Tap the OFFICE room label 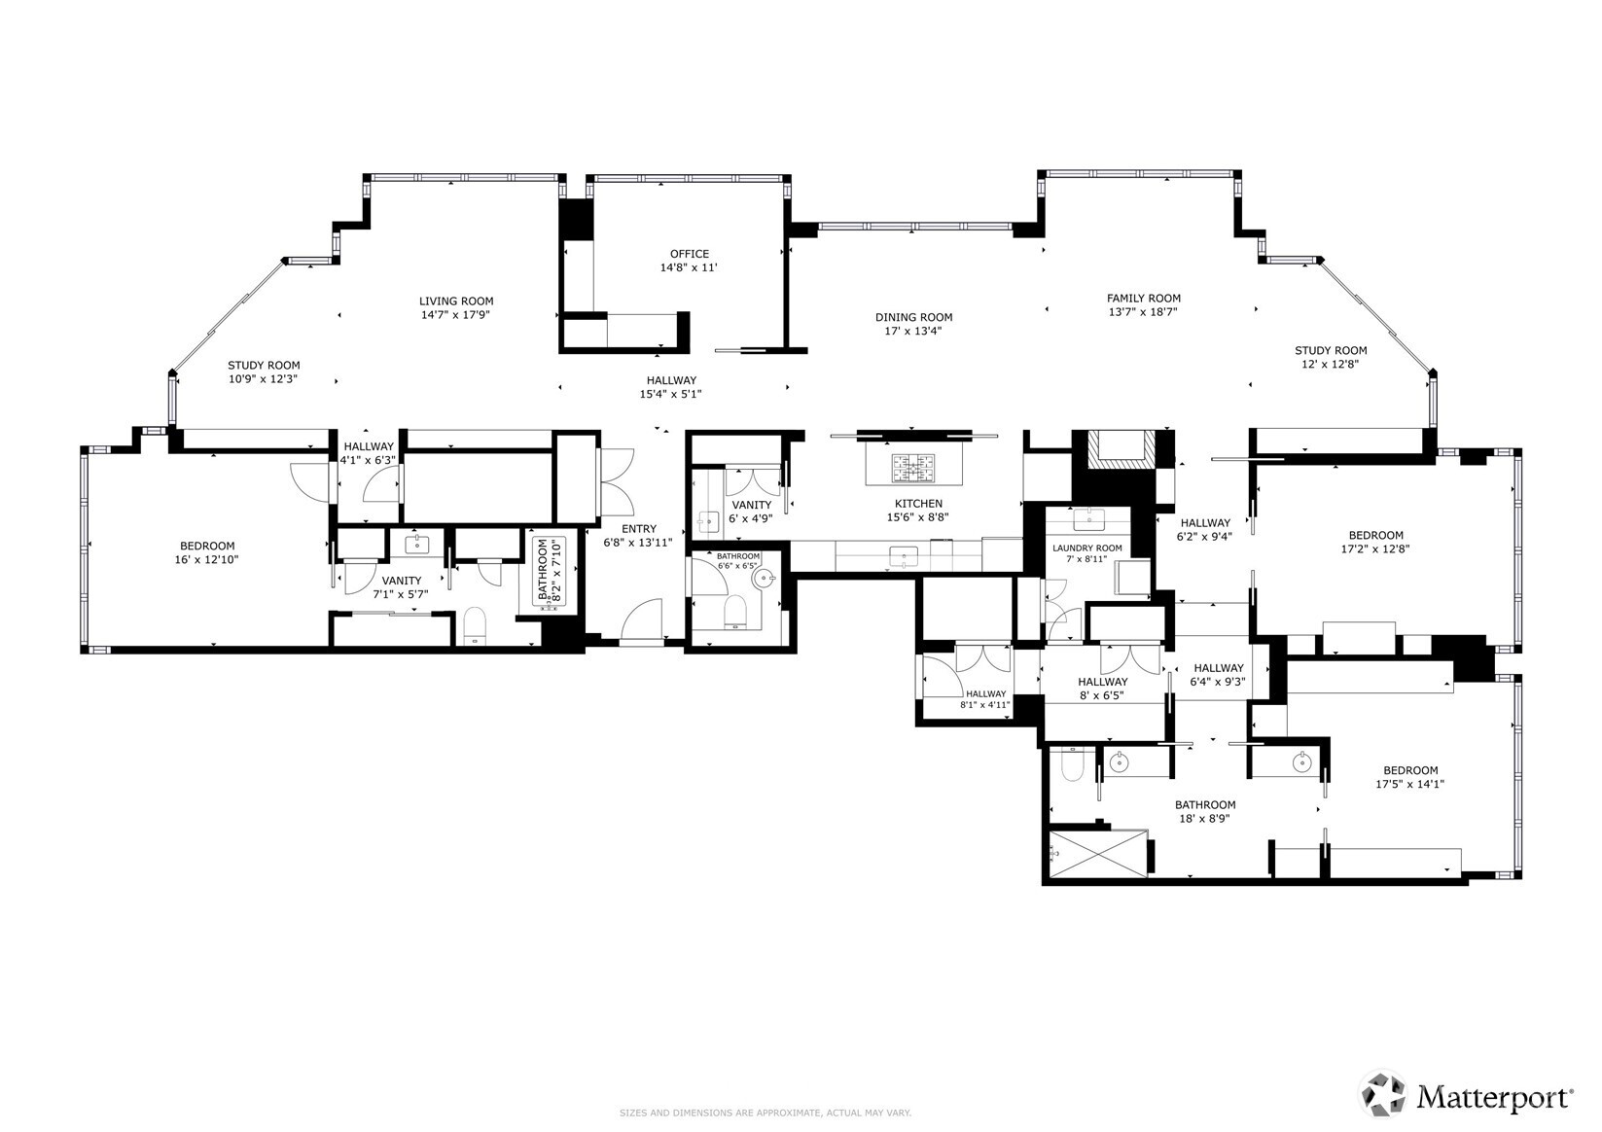pyautogui.click(x=689, y=254)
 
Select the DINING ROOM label pyautogui.click(x=912, y=317)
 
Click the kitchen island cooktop pyautogui.click(x=912, y=469)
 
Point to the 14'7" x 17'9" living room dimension pyautogui.click(x=456, y=315)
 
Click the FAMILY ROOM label pyautogui.click(x=1143, y=299)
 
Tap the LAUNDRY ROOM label pyautogui.click(x=1086, y=548)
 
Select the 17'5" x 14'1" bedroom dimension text pyautogui.click(x=1409, y=784)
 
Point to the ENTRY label pyautogui.click(x=638, y=529)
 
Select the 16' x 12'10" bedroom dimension pyautogui.click(x=207, y=560)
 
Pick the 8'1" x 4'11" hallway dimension pyautogui.click(x=985, y=705)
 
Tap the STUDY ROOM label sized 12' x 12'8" pyautogui.click(x=1330, y=351)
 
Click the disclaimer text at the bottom pyautogui.click(x=765, y=1113)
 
